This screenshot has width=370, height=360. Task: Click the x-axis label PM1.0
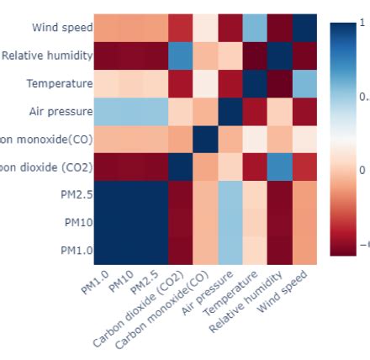(x=95, y=281)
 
